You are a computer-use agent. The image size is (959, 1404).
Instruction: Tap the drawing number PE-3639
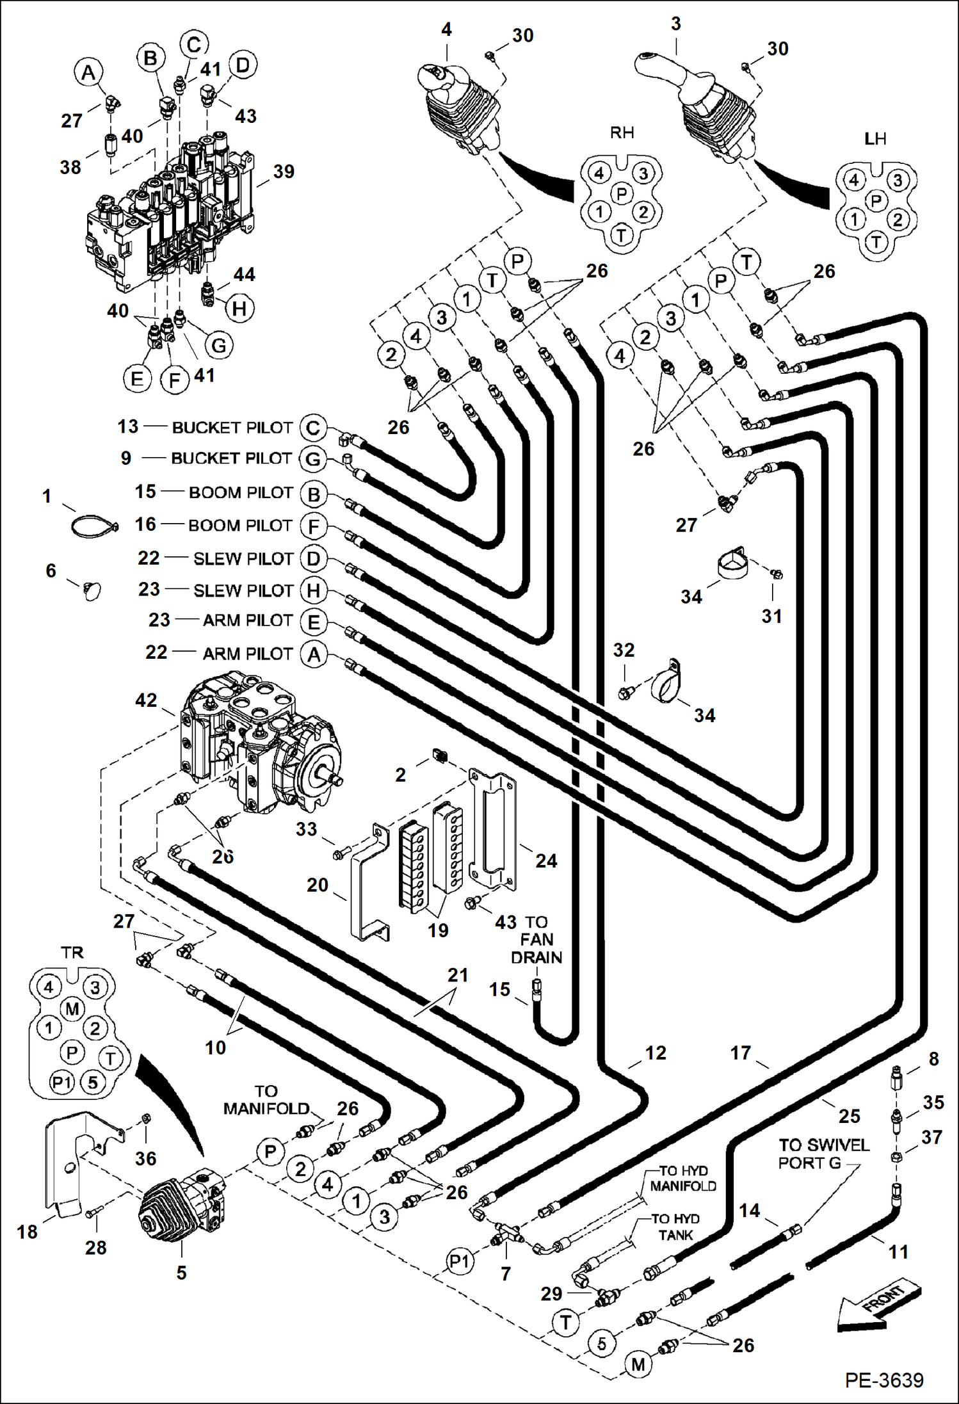point(884,1380)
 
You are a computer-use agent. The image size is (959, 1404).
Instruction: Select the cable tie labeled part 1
point(93,526)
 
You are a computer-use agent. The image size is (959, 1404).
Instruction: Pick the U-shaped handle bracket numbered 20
point(368,884)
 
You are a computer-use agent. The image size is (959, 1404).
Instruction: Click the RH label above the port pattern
point(622,133)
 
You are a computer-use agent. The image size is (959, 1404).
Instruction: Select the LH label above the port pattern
point(875,138)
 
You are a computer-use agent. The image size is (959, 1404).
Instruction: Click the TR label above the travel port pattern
point(72,952)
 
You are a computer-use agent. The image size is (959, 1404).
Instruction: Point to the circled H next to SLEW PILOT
point(313,590)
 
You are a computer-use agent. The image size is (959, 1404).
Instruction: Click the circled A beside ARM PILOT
point(314,655)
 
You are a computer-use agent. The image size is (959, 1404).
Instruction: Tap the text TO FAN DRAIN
point(536,939)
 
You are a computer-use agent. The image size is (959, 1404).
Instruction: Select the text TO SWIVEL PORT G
point(823,1153)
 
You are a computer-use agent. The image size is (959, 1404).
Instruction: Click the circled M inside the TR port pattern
point(72,1010)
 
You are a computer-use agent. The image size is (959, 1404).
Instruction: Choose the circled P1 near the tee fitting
point(459,1262)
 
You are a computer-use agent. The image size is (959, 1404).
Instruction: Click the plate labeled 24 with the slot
point(493,832)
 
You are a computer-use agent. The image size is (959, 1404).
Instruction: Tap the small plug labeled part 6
point(92,589)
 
